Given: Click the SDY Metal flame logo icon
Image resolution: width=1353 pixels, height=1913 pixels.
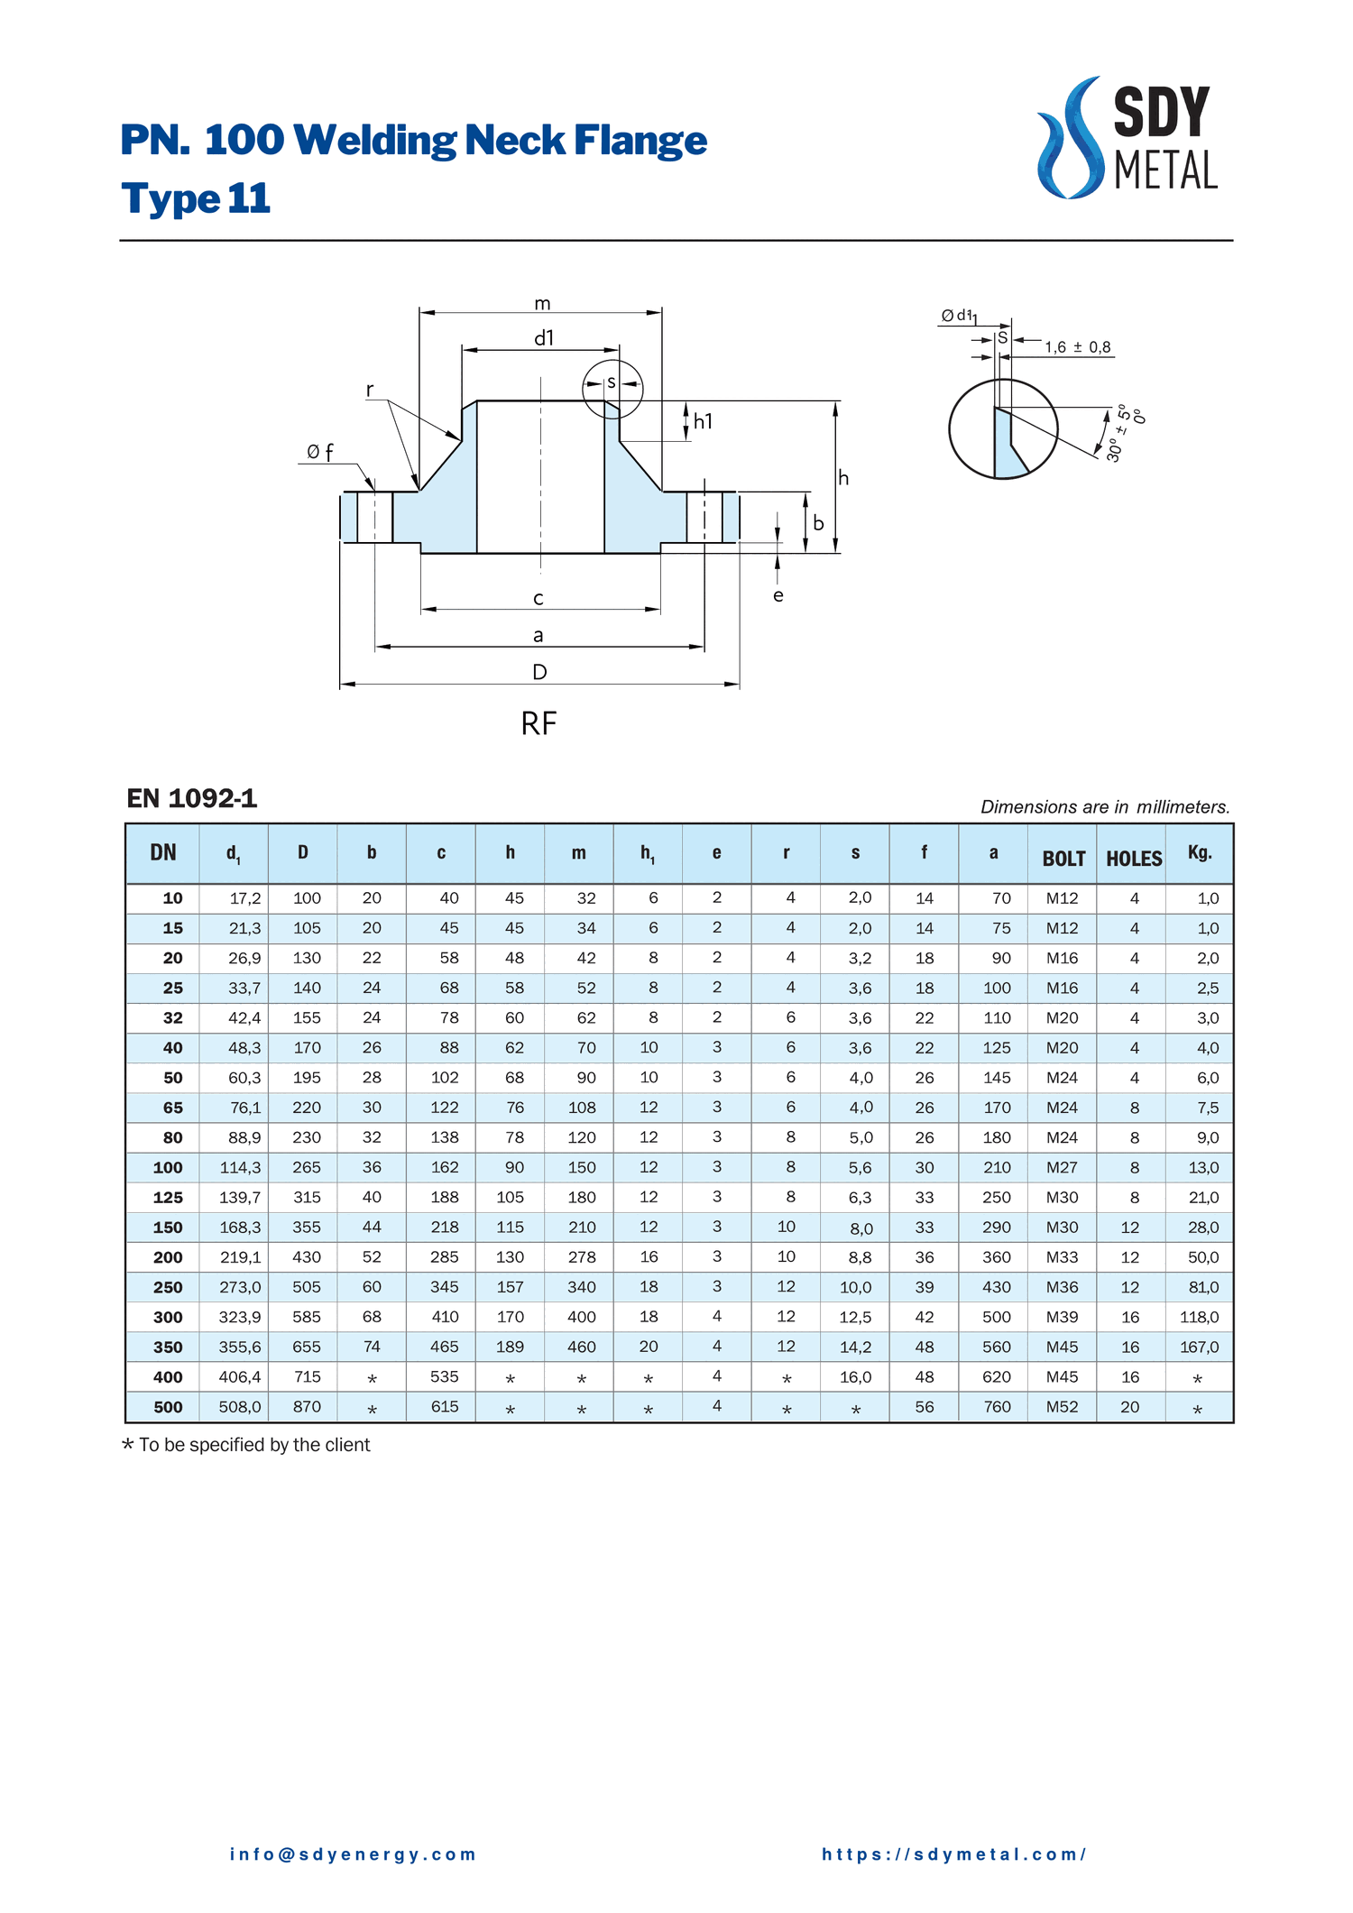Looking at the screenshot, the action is point(1071,137).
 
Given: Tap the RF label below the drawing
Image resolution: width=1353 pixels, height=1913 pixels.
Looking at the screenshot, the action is point(538,723).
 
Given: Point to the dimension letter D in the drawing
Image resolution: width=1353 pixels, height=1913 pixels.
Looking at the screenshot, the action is point(539,672).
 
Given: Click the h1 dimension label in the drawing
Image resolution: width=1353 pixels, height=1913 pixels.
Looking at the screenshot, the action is point(703,421).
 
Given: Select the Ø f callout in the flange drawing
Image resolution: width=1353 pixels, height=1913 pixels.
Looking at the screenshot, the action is point(319,452).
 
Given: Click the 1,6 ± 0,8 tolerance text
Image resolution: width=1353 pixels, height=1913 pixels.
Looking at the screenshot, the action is point(1078,347).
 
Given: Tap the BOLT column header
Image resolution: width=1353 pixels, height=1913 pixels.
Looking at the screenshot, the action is point(1063,859).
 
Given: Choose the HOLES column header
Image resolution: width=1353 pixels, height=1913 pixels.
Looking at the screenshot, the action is point(1134,859).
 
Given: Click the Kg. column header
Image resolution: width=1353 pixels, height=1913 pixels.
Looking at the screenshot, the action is point(1200,852).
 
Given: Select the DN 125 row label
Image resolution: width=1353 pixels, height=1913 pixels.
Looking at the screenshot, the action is point(168,1198).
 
